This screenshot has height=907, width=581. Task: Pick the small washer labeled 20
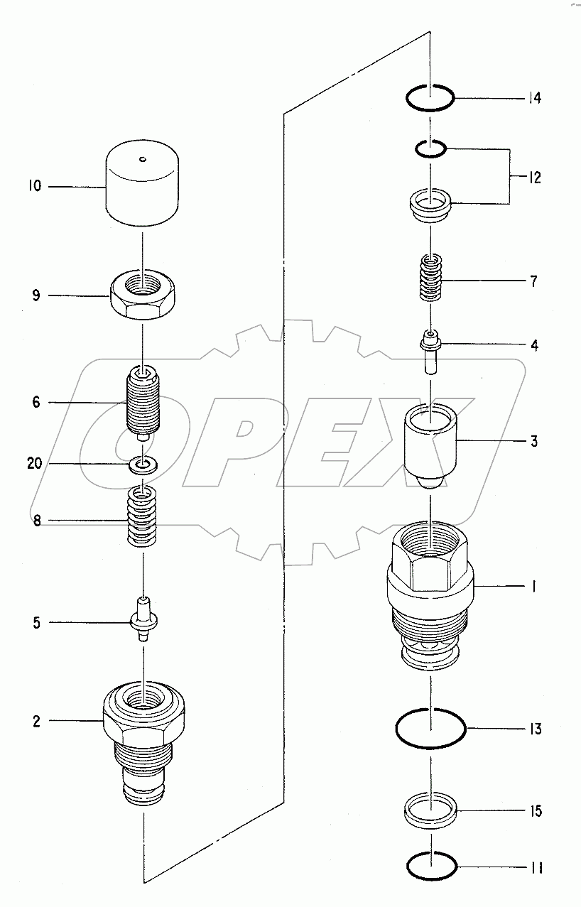[144, 465]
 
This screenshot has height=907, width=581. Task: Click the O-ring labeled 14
[430, 97]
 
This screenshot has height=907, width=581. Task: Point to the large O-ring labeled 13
[430, 728]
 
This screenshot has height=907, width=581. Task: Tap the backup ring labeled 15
[430, 810]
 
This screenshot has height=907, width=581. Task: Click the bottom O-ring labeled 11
[430, 866]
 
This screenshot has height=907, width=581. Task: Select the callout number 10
[35, 187]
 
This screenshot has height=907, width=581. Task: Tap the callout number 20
[35, 464]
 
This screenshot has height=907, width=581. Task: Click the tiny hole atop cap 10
[143, 158]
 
